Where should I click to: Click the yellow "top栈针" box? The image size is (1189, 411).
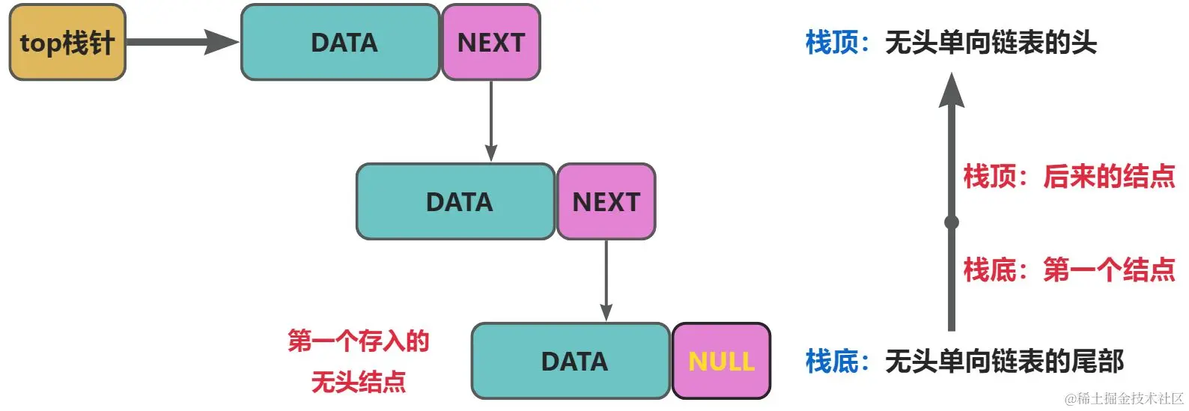coord(67,43)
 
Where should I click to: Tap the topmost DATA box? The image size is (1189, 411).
coord(341,43)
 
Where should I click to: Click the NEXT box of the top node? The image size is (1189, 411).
coord(490,43)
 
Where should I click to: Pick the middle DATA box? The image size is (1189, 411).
coord(456,202)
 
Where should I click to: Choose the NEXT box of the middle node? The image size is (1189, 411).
coord(606,202)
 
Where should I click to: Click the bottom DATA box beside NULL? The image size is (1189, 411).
coord(571,362)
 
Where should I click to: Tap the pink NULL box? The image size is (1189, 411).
coord(721,362)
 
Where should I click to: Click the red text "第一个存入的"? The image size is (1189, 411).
coord(359,341)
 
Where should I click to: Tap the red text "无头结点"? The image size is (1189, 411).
coord(359,383)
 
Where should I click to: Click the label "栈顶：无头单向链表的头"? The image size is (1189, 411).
coord(951,43)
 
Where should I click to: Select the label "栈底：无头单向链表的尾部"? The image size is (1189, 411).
coord(964,362)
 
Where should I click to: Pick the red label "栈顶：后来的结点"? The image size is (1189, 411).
coord(1069,177)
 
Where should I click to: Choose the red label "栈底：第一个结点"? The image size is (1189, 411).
coord(1069,270)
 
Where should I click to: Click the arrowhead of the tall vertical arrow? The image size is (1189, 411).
coord(952,90)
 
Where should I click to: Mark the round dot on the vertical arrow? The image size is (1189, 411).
coord(952,222)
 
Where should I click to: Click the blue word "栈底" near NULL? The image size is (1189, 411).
coord(832,362)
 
